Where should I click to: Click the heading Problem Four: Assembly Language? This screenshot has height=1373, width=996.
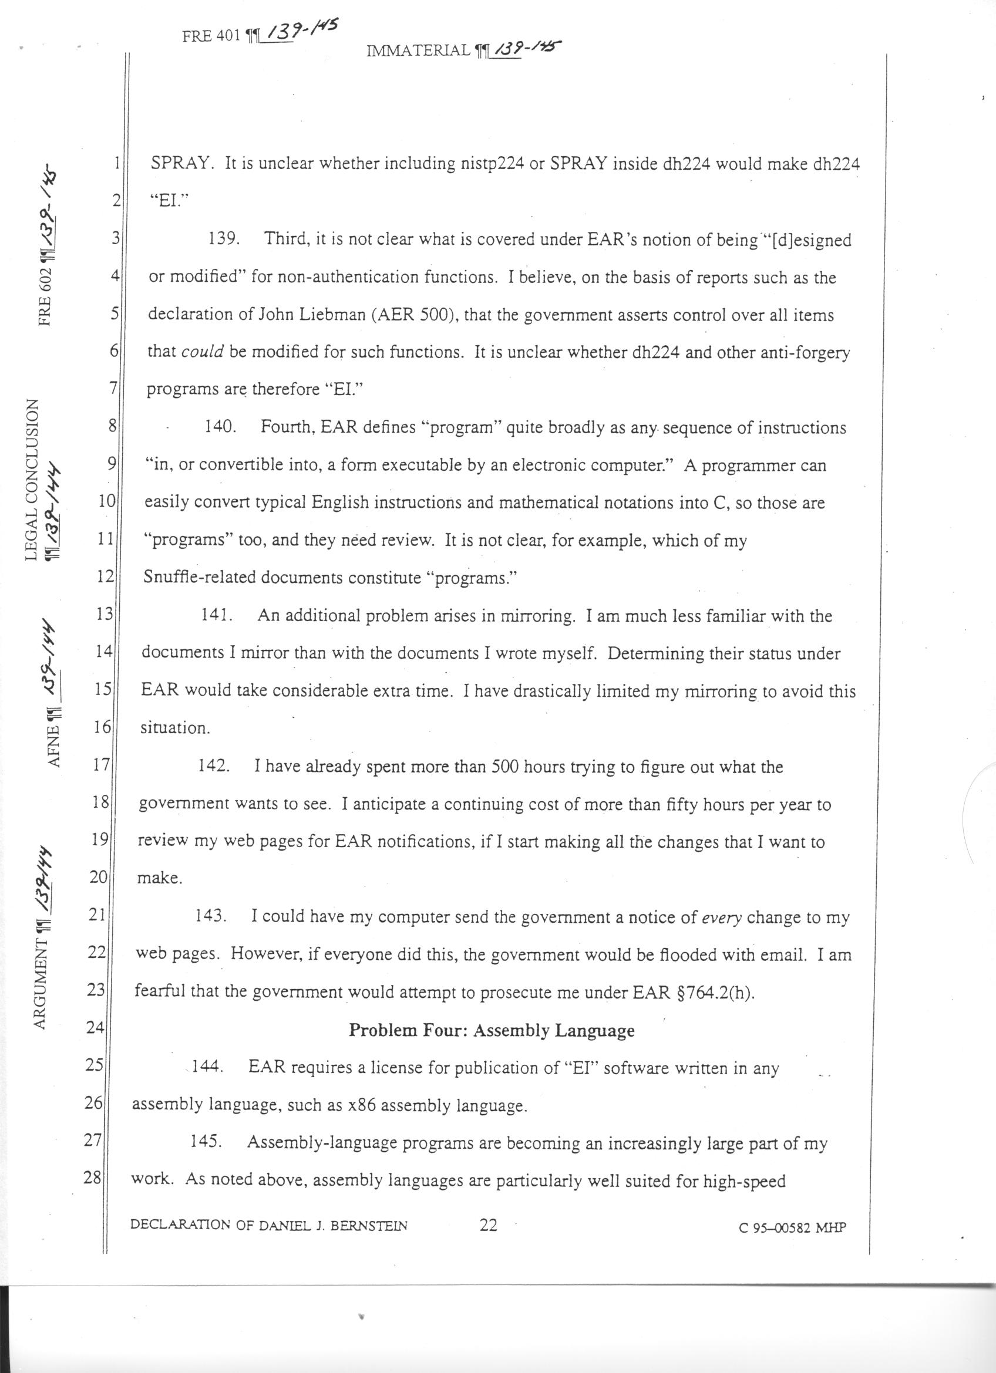point(492,1030)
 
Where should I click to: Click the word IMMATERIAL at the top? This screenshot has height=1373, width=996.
point(418,52)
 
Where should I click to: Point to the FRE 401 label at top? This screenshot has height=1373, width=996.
point(211,36)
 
